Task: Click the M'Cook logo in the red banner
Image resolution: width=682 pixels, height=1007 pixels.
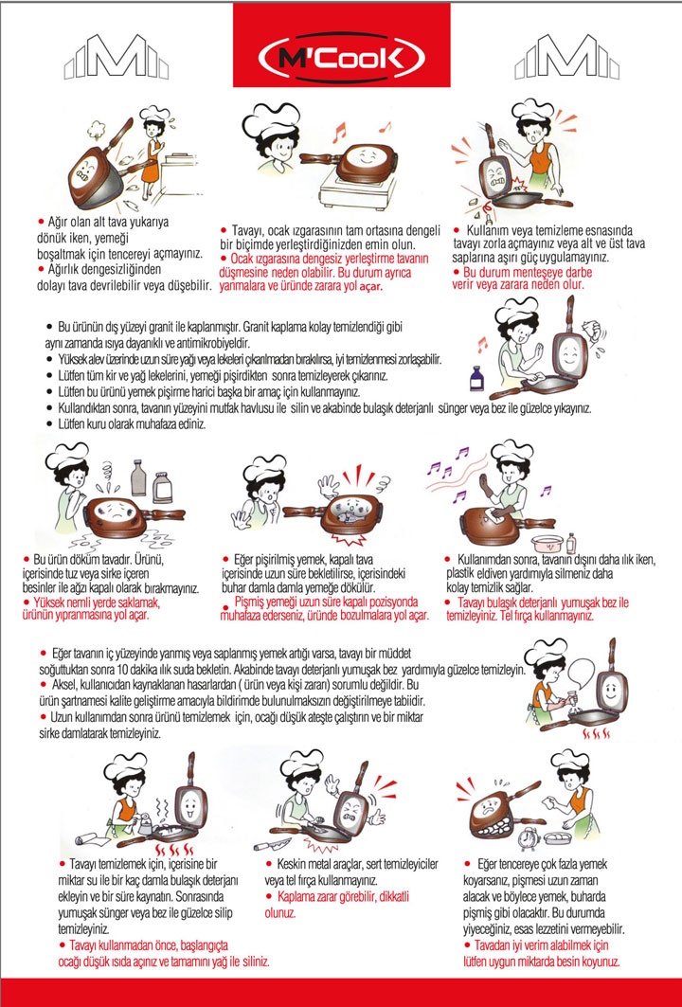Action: click(x=341, y=58)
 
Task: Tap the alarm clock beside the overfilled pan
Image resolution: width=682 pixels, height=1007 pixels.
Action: click(x=529, y=837)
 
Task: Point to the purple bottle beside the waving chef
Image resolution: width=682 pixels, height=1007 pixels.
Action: click(x=476, y=379)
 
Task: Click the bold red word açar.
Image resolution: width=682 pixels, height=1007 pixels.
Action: click(x=370, y=287)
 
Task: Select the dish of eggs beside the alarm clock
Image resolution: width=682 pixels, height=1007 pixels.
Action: click(x=558, y=836)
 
